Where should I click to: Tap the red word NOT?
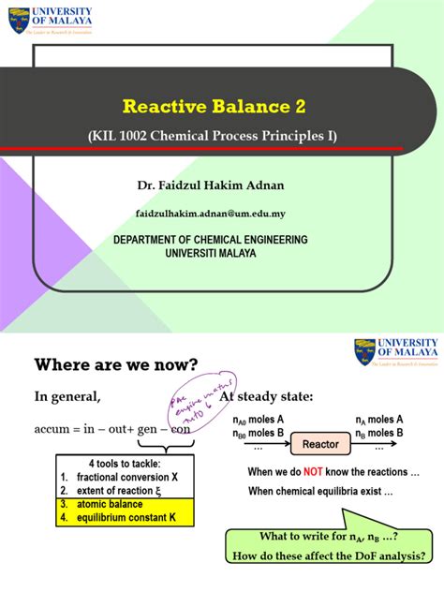pyautogui.click(x=314, y=471)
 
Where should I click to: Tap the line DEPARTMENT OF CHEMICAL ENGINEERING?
pyautogui.click(x=210, y=241)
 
